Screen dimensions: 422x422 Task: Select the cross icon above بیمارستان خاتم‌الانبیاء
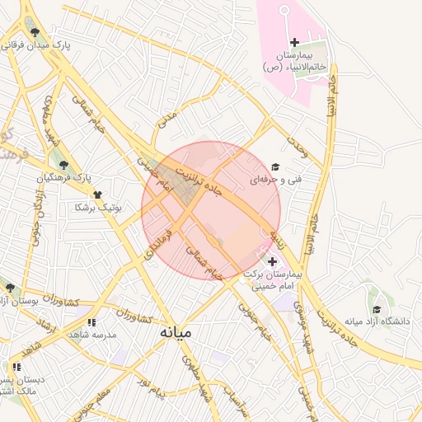(294, 42)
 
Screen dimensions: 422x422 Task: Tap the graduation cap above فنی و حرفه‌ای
(274, 167)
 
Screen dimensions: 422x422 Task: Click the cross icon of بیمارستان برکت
(273, 261)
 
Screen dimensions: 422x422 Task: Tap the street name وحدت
(297, 146)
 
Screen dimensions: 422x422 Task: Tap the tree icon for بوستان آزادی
(10, 288)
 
